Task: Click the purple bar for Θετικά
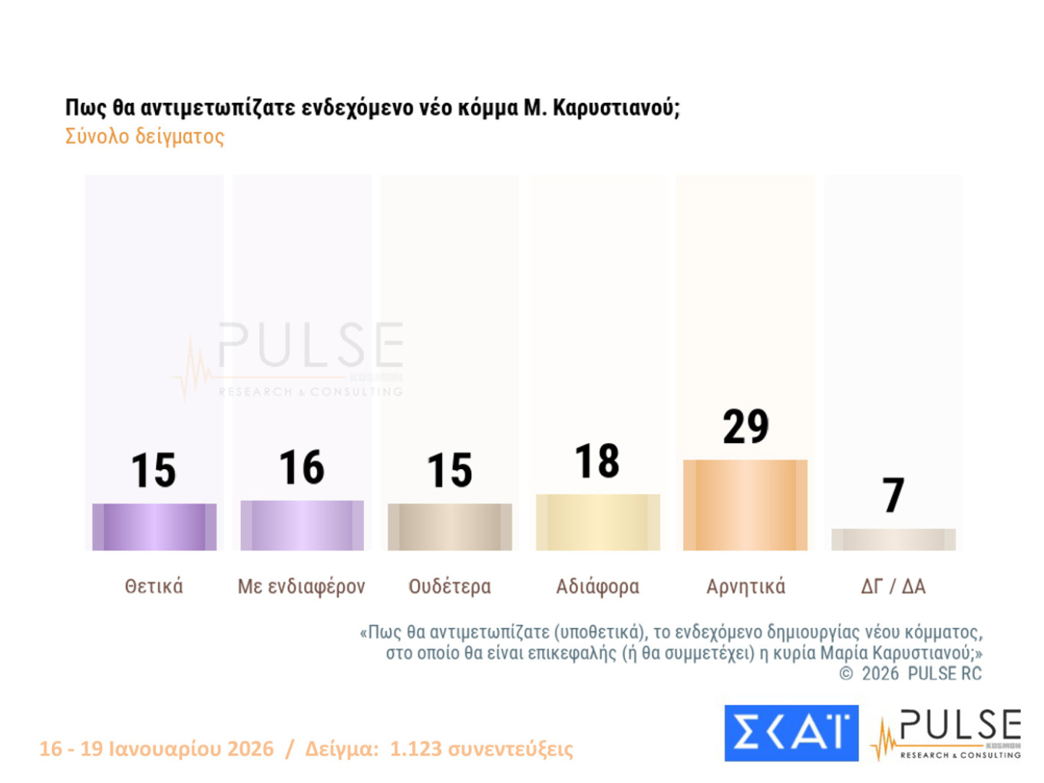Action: click(154, 527)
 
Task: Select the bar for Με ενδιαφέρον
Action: click(302, 525)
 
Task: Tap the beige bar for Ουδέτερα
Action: click(450, 527)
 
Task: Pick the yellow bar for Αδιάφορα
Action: click(598, 522)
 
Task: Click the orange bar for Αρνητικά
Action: click(745, 505)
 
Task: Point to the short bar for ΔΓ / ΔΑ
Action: click(894, 540)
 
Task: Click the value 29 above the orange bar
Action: click(745, 427)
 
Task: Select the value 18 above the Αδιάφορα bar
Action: click(597, 461)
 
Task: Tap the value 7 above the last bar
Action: click(894, 495)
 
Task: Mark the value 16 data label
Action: click(302, 467)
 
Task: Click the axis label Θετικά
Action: click(154, 586)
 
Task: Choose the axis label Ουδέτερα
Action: click(450, 586)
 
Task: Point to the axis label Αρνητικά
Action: click(745, 586)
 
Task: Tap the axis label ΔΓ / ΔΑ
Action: click(894, 586)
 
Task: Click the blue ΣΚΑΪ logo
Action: click(791, 733)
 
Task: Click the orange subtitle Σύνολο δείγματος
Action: click(144, 137)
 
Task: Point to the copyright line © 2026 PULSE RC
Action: click(910, 674)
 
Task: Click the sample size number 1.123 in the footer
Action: click(415, 748)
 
